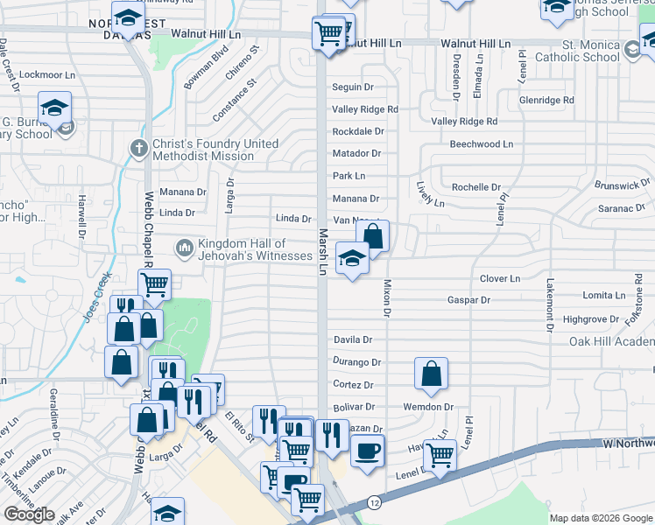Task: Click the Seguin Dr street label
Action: coord(352,87)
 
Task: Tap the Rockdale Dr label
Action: coord(357,131)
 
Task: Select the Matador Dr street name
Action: coord(356,153)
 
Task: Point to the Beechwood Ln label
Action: coord(481,143)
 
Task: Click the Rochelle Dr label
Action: coord(475,187)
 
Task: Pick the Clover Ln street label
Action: coord(499,279)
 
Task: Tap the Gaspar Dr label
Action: coord(468,300)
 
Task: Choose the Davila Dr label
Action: coord(352,339)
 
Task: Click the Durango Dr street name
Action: coord(356,361)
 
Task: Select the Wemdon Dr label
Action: coord(427,407)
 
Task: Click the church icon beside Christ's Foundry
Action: coord(138,148)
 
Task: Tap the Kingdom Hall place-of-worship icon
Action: coord(184,249)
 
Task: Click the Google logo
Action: coord(29,514)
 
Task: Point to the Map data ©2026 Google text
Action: coord(602,518)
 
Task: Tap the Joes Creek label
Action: coord(97,297)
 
